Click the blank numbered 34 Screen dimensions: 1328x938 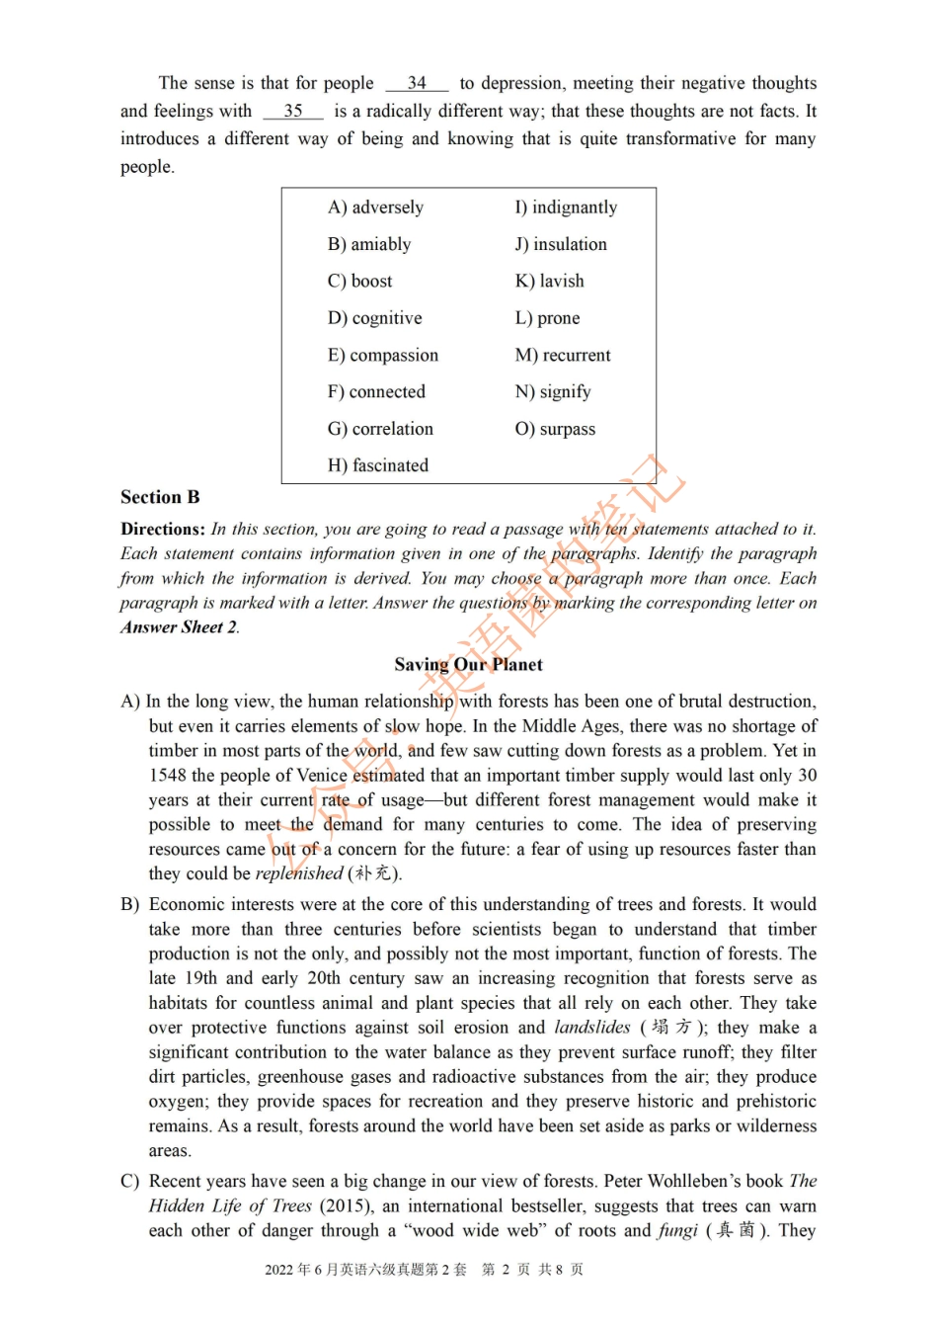coord(417,84)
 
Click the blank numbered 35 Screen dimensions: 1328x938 coord(293,112)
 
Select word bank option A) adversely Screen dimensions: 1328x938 coord(375,207)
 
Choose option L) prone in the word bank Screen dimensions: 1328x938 coord(547,318)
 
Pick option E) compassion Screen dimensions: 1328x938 coord(382,356)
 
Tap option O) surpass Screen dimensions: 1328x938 coord(555,429)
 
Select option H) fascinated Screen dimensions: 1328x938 coord(377,465)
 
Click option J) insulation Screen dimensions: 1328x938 coord(560,244)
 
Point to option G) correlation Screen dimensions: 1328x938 coord(380,429)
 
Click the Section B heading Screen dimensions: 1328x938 coord(160,497)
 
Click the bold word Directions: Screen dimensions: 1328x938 coord(163,530)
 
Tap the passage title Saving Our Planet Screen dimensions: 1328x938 coord(468,665)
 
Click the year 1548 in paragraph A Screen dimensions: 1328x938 coord(168,776)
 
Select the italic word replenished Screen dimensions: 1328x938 coord(298,873)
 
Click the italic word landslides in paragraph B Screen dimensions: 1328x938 coord(591,1028)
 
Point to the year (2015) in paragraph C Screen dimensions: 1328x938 coord(347,1206)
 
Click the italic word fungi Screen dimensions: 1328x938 coord(677,1231)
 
